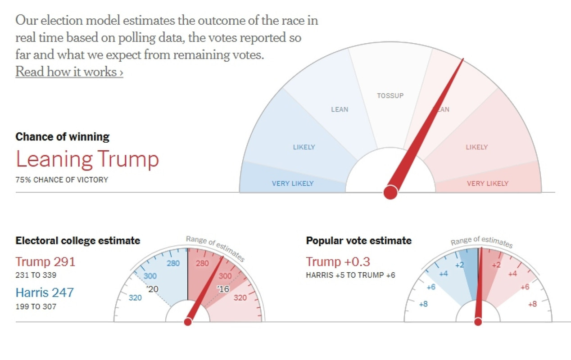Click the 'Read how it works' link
[69, 72]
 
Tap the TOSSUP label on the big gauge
[390, 95]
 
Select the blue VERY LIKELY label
[293, 183]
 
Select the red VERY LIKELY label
[488, 183]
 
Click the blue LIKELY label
[304, 147]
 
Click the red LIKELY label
[476, 147]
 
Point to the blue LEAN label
[340, 109]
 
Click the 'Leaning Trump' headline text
[87, 159]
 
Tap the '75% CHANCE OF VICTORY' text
[62, 180]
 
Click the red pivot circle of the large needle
[390, 193]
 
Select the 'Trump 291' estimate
[45, 261]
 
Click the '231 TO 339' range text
[36, 275]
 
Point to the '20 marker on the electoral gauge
[153, 289]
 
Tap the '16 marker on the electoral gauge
[223, 289]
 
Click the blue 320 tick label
[135, 297]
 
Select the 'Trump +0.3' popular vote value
[338, 261]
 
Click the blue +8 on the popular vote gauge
[423, 304]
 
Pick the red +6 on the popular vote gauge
[525, 287]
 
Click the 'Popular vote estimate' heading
[359, 241]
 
